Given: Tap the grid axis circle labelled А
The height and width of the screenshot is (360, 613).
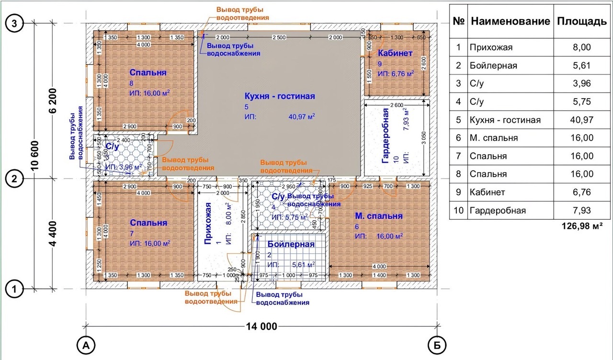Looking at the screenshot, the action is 86,345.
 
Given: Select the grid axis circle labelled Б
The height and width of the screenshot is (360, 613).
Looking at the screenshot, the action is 437,345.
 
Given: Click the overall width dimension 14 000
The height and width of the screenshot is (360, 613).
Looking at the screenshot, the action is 261,327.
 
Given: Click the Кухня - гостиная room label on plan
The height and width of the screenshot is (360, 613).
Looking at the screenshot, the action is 280,96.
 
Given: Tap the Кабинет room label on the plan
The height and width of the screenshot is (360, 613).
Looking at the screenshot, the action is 395,53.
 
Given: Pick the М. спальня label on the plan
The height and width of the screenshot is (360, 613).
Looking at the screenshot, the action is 378,216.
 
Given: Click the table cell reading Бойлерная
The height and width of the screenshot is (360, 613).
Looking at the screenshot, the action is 493,66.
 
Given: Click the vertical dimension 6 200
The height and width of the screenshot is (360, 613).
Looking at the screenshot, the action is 52,101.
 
